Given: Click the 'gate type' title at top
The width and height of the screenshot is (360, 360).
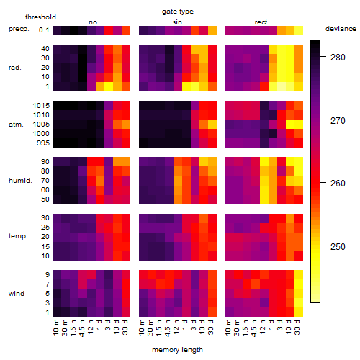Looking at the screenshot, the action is [178, 12].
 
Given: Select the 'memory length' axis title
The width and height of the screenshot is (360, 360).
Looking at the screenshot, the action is [177, 350].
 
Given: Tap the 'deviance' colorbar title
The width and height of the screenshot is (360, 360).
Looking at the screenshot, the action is [341, 29].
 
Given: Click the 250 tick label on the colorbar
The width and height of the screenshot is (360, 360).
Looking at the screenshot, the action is [338, 246].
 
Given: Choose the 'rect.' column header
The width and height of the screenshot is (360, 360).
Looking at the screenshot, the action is [262, 22].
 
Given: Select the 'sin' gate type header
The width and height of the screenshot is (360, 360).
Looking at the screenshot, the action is [177, 22].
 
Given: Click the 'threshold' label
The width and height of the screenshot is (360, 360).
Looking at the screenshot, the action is [40, 17].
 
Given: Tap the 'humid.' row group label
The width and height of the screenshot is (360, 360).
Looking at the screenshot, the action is [20, 180].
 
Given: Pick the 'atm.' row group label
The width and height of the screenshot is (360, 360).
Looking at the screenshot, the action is [16, 125].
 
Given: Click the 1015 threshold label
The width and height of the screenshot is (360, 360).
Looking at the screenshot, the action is [41, 106].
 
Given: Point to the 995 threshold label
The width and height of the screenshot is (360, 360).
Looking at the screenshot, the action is [43, 143].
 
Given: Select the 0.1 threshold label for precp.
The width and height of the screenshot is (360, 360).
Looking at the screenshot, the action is [44, 30].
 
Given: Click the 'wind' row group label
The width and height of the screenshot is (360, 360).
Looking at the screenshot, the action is [17, 294].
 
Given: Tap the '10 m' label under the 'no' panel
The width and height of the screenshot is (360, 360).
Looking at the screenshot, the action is [56, 327].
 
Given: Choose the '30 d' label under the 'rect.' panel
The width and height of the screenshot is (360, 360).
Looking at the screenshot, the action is [297, 327].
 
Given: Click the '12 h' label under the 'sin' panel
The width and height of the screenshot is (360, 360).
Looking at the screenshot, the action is [176, 327].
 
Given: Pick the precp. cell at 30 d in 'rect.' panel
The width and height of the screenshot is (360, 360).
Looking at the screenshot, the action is [299, 30].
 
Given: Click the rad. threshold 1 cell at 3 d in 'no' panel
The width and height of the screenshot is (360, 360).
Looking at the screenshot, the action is [109, 86].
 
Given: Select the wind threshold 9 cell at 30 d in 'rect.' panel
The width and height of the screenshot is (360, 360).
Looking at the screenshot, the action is [299, 274].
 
